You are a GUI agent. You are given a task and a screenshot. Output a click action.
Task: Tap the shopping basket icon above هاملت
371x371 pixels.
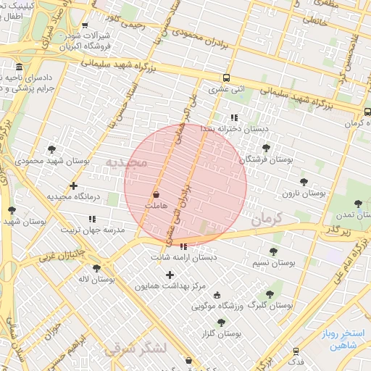[157, 195]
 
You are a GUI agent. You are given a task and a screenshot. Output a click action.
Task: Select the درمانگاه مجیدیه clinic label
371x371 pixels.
[72, 196]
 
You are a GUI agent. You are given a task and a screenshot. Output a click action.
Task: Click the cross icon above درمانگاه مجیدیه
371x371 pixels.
[73, 185]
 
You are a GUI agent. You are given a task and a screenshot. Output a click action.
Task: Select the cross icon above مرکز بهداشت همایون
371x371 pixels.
[170, 275]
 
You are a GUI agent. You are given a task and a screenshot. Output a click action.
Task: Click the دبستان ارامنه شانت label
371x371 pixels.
[184, 257]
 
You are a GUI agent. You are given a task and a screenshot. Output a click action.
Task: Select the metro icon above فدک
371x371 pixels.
[296, 350]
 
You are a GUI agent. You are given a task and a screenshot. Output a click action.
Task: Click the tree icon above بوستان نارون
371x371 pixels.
[303, 182]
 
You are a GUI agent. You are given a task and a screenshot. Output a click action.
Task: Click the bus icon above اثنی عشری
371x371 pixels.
[227, 78]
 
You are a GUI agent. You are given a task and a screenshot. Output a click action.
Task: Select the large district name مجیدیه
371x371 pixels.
[126, 162]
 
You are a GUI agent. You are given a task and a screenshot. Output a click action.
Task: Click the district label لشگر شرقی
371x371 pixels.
[136, 349]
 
